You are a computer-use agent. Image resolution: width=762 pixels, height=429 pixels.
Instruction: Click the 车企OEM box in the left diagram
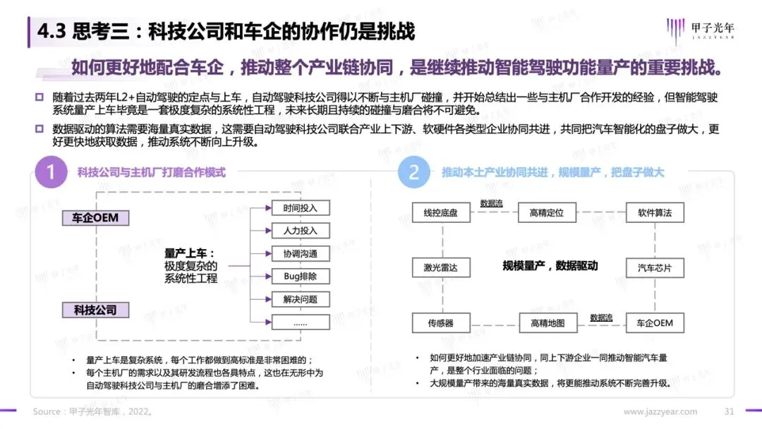(95, 218)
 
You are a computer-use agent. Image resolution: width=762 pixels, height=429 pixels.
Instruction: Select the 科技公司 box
(95, 310)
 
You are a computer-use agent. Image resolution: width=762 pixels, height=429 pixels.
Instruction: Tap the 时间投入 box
(301, 208)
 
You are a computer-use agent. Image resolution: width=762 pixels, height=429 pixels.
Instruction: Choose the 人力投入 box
(301, 231)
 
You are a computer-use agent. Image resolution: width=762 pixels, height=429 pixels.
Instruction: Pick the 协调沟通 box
(301, 253)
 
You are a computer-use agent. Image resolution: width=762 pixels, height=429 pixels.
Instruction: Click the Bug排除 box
(301, 277)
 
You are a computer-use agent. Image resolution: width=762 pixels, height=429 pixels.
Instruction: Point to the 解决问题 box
(301, 299)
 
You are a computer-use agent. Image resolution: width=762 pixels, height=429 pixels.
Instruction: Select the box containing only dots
(301, 322)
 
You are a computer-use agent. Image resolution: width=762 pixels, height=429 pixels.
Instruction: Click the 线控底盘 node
(441, 212)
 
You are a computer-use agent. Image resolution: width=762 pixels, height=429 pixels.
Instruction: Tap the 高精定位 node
(548, 212)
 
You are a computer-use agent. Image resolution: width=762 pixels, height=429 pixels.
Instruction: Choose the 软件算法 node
(655, 212)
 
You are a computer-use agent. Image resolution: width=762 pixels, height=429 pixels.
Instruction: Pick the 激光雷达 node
(441, 268)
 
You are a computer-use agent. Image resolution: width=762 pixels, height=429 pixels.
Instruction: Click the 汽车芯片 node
(655, 268)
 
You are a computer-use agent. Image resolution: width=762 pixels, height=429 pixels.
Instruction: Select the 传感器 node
(441, 324)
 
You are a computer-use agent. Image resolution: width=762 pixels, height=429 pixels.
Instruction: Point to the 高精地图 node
(548, 324)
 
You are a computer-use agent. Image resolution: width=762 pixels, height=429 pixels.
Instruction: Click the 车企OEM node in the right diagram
(655, 324)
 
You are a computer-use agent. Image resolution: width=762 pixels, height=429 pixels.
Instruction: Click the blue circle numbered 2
(414, 173)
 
